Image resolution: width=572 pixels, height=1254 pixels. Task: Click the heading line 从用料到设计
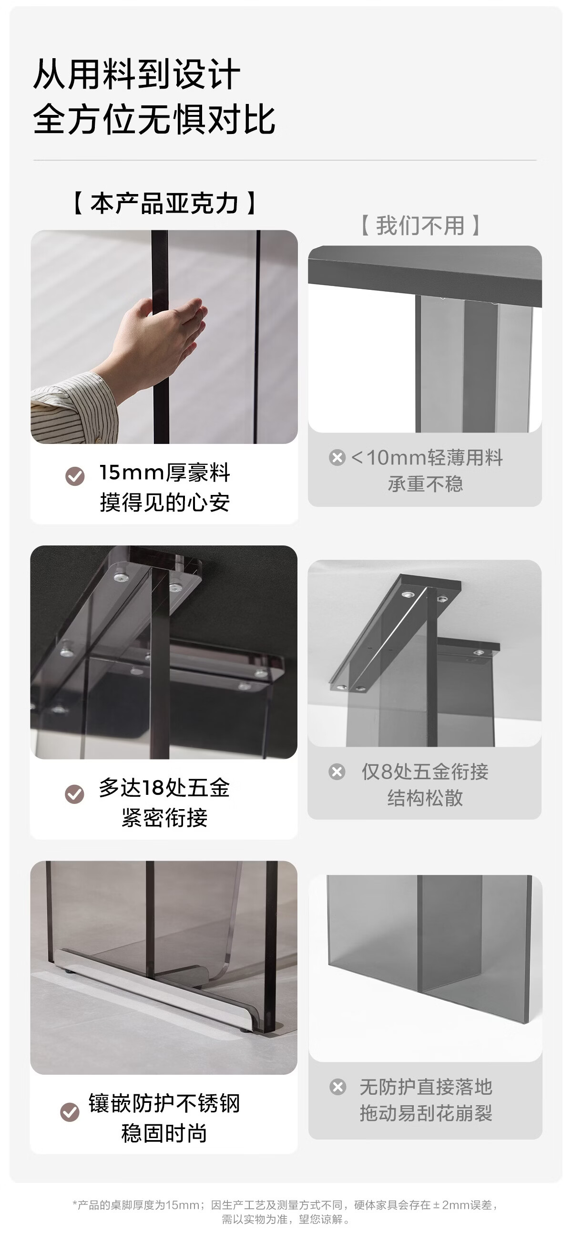pos(137,74)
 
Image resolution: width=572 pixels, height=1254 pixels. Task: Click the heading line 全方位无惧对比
pos(154,119)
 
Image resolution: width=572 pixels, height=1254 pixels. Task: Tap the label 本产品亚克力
pos(164,203)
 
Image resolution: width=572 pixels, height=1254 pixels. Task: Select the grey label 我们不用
pos(420,226)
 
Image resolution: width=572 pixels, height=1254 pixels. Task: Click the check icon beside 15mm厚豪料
pos(75,476)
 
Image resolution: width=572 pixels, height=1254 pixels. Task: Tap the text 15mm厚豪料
pos(164,473)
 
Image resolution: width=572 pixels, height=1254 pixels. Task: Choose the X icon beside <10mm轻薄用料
pos(337,458)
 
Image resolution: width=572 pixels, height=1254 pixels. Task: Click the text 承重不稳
pos(426,484)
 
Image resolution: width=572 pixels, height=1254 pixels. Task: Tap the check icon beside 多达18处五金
pos(74,794)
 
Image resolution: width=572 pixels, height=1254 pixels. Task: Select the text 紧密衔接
pos(164,818)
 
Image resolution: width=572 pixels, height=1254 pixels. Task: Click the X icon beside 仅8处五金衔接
pos(337,771)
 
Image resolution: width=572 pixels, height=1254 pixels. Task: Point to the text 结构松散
pos(425,798)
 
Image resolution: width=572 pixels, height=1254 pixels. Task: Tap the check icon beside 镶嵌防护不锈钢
pos(70,1111)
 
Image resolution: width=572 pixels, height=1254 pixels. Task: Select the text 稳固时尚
pos(164,1133)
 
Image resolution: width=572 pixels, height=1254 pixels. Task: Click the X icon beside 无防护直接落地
pos(338,1087)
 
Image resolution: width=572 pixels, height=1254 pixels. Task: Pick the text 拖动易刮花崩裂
pos(426,1113)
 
